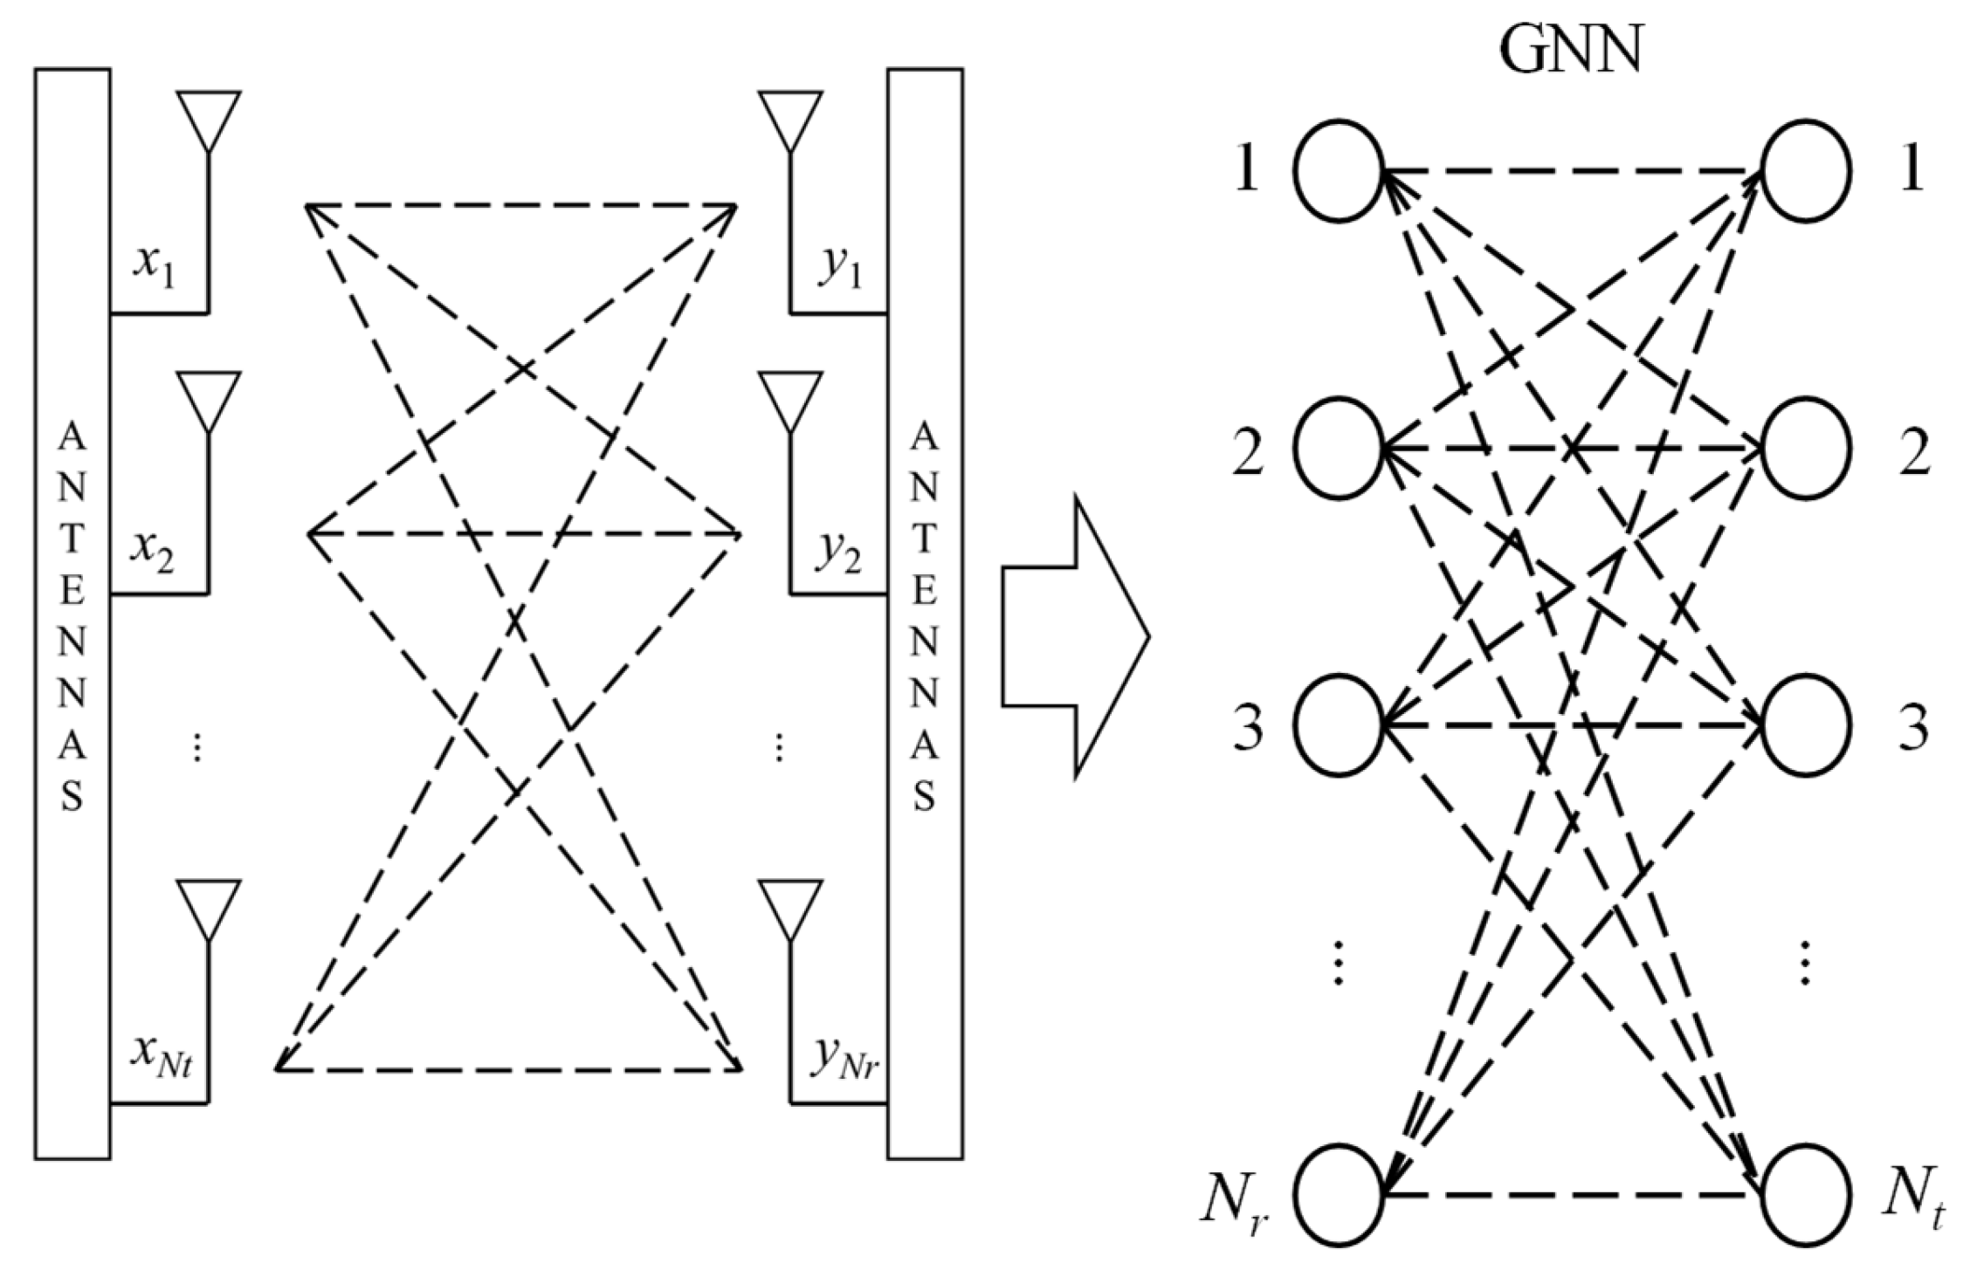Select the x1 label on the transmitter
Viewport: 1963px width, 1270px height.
coord(155,264)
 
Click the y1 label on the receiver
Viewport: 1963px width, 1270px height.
coord(839,273)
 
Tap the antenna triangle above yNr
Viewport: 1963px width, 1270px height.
coord(790,908)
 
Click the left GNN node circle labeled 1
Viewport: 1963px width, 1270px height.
coord(1337,171)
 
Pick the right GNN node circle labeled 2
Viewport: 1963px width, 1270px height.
coord(1806,447)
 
